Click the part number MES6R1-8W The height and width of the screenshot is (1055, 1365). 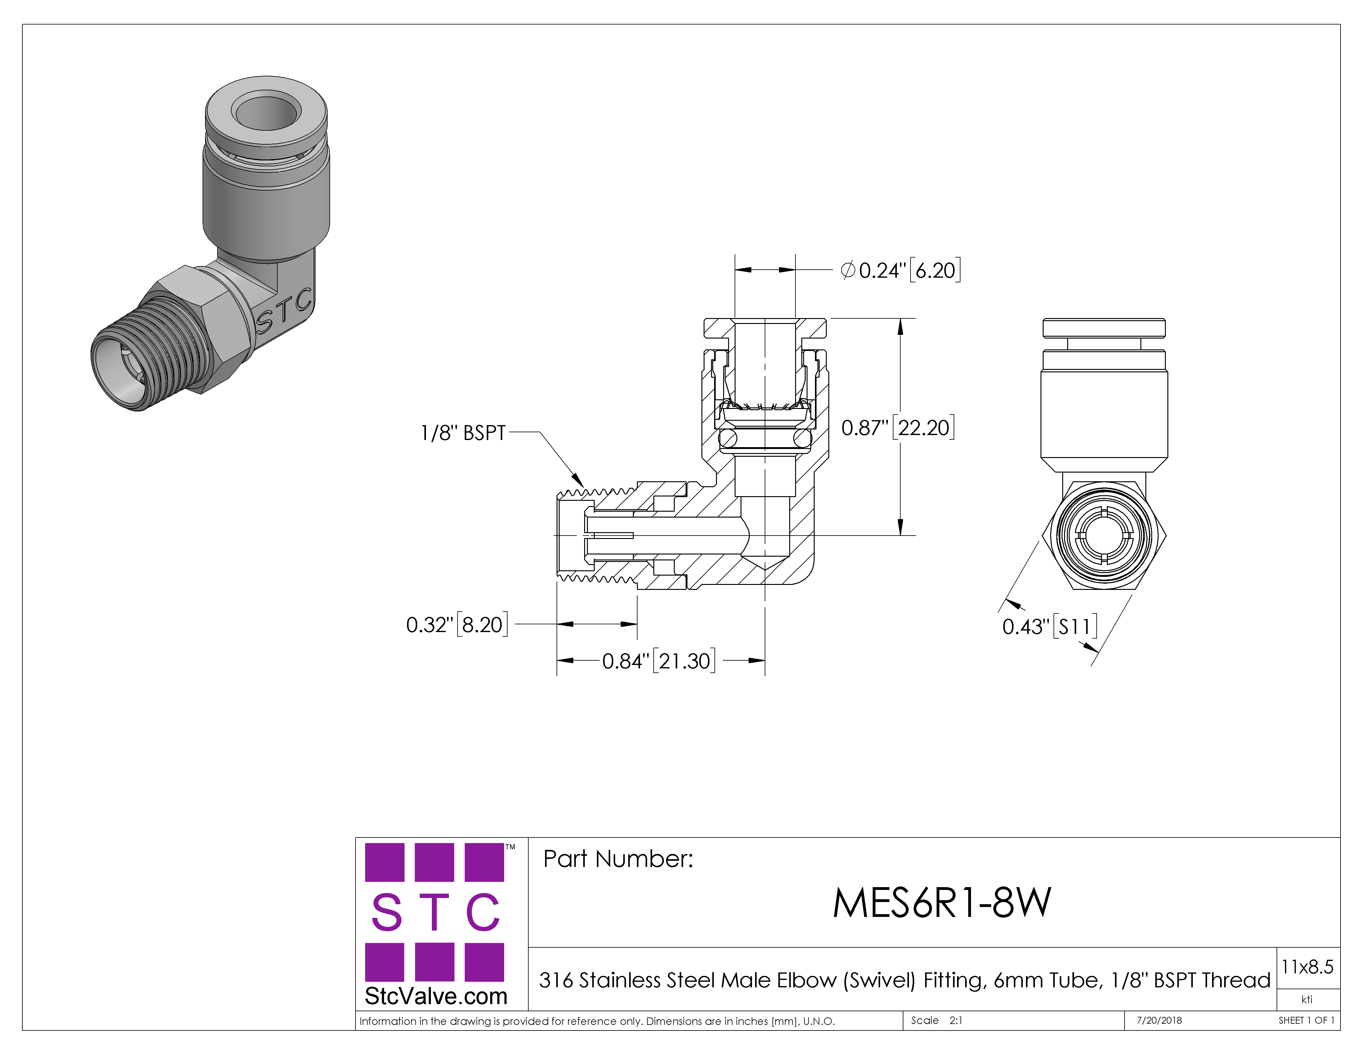pos(942,903)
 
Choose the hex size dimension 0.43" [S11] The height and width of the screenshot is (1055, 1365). pos(1050,626)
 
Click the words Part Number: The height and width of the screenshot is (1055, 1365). pos(618,859)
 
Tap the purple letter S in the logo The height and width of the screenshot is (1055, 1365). pos(386,913)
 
